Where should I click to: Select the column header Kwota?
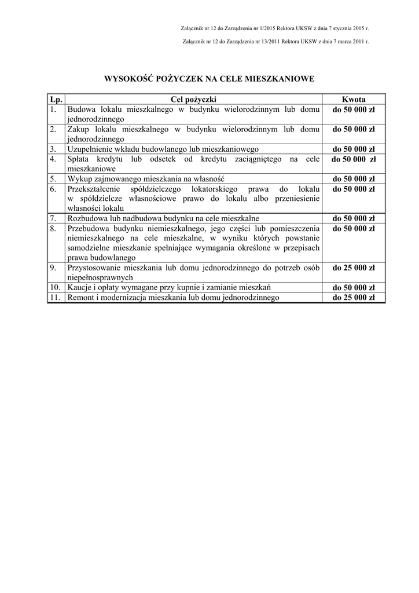pyautogui.click(x=353, y=99)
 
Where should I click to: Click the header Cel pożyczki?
pyautogui.click(x=193, y=99)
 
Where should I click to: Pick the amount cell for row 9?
pyautogui.click(x=353, y=268)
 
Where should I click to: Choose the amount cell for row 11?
pyautogui.click(x=353, y=298)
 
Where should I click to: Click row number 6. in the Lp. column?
pyautogui.click(x=53, y=189)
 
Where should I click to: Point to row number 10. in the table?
pyautogui.click(x=55, y=287)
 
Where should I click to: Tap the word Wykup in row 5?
pyautogui.click(x=80, y=178)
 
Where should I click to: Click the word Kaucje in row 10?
pyautogui.click(x=80, y=287)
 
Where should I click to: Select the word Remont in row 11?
pyautogui.click(x=82, y=298)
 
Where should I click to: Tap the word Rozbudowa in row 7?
pyautogui.click(x=87, y=218)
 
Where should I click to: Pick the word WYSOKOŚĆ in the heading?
pyautogui.click(x=128, y=78)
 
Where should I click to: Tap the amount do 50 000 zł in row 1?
pyautogui.click(x=353, y=109)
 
